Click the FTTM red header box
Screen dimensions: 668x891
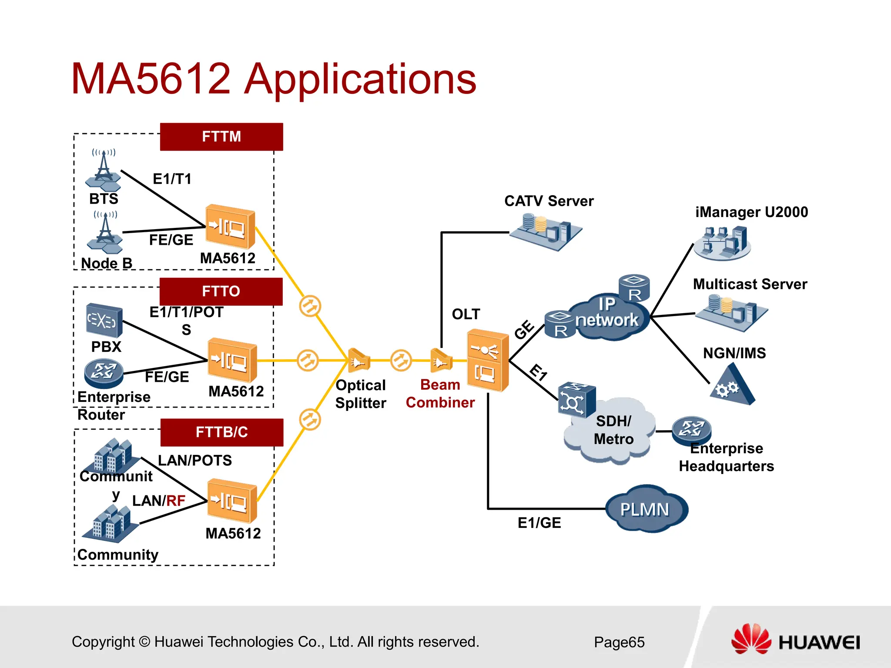(x=221, y=137)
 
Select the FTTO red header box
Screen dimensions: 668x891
(x=221, y=291)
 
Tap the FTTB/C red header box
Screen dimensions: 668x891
(x=222, y=432)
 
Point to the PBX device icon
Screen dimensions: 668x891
(x=104, y=321)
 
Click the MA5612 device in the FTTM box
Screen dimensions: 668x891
(x=230, y=227)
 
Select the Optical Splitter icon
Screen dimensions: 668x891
(x=358, y=360)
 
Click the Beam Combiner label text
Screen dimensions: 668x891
(x=440, y=394)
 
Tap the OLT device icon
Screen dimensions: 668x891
(x=488, y=360)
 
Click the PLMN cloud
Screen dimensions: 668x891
(x=646, y=509)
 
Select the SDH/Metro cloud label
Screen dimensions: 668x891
(x=613, y=430)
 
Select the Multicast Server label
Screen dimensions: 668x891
(x=750, y=284)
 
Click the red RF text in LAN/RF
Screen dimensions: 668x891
(x=176, y=501)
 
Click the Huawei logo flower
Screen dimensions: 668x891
(x=751, y=639)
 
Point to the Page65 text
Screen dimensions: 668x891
(x=619, y=642)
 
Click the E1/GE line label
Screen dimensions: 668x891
(x=539, y=522)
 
